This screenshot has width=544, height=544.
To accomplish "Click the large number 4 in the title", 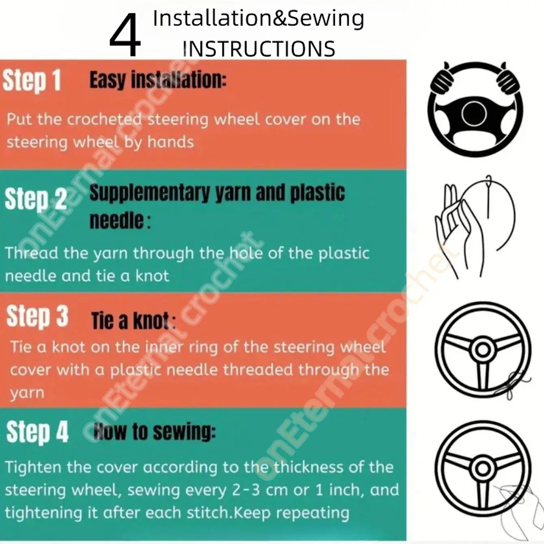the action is [125, 35].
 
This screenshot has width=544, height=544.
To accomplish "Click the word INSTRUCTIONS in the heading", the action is [259, 49].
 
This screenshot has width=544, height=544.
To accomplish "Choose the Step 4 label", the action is [37, 432].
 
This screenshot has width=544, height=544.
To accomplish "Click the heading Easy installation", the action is [158, 80].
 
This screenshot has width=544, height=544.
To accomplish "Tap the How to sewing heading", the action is [155, 432].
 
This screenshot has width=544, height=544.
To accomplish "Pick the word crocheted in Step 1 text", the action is [104, 119].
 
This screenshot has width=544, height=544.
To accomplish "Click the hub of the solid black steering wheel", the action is [474, 114].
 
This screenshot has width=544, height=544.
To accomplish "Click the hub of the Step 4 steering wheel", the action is [483, 468].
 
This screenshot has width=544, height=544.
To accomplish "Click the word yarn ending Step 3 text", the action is [27, 393].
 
